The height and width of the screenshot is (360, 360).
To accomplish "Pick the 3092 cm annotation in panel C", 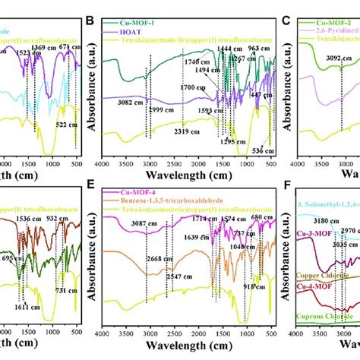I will coord(334,75).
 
